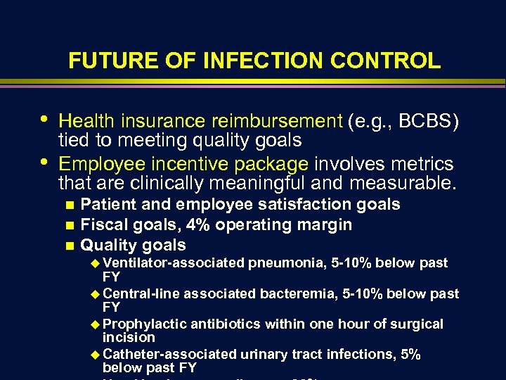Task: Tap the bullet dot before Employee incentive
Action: click(45, 161)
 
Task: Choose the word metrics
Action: click(419, 164)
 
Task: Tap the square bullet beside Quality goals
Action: click(68, 246)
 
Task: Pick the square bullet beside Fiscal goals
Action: click(68, 226)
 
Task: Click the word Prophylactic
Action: click(144, 324)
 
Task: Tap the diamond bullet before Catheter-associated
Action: click(96, 355)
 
